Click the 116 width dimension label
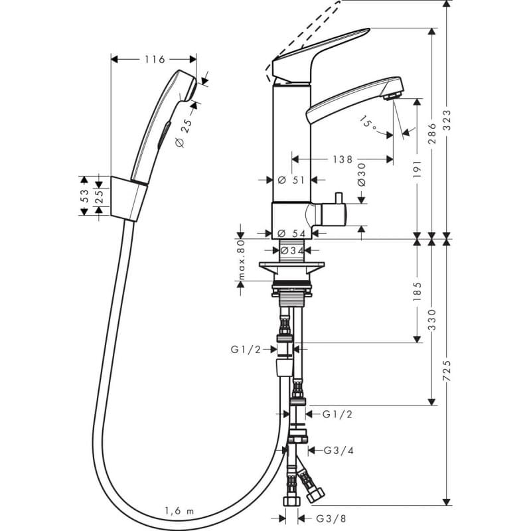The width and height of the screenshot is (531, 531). pyautogui.click(x=155, y=59)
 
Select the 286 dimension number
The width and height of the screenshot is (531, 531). pyautogui.click(x=432, y=133)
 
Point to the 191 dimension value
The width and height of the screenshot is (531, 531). pyautogui.click(x=417, y=169)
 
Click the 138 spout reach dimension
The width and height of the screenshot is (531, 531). pyautogui.click(x=342, y=159)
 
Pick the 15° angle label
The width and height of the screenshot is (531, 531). pyautogui.click(x=369, y=123)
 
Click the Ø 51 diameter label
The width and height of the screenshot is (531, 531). pyautogui.click(x=291, y=180)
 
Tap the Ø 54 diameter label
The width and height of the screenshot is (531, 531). pyautogui.click(x=291, y=234)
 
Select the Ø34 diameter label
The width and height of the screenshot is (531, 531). pyautogui.click(x=292, y=251)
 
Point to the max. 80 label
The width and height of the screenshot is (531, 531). pyautogui.click(x=241, y=260)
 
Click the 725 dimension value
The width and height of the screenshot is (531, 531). pyautogui.click(x=447, y=371)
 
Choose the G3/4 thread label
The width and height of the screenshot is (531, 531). pyautogui.click(x=339, y=451)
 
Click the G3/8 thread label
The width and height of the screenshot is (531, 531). pyautogui.click(x=331, y=518)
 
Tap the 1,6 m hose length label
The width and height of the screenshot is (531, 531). pyautogui.click(x=179, y=510)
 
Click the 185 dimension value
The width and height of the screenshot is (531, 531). pyautogui.click(x=417, y=291)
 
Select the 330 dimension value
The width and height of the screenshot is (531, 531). pyautogui.click(x=432, y=319)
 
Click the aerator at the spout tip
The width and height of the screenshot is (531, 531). pyautogui.click(x=392, y=96)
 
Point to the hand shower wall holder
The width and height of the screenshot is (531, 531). pyautogui.click(x=129, y=198)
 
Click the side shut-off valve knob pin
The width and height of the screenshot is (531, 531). pyautogui.click(x=338, y=198)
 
